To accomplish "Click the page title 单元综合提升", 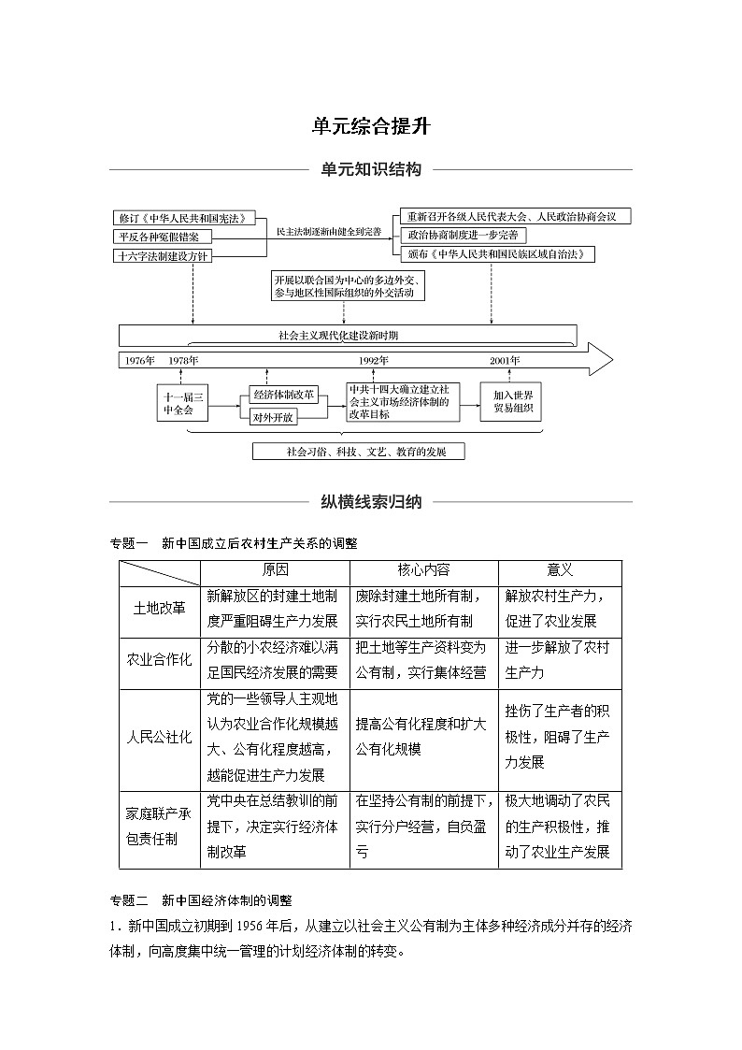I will tap(371, 126).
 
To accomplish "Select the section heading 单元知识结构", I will tap(371, 170).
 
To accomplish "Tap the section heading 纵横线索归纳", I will tap(371, 502).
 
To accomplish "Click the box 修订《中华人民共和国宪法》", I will tap(183, 218).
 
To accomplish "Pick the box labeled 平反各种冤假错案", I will tap(163, 237).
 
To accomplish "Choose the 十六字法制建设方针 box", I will tap(163, 255).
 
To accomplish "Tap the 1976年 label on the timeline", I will tap(139, 360).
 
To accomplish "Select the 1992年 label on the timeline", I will tap(374, 360).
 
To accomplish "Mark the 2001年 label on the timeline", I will tap(506, 360).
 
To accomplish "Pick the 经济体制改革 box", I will tap(284, 395).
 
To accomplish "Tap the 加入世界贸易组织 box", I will tap(511, 402).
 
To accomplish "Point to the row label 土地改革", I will tap(160, 608).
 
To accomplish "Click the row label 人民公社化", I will tap(160, 736).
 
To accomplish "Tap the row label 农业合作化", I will tap(160, 659).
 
